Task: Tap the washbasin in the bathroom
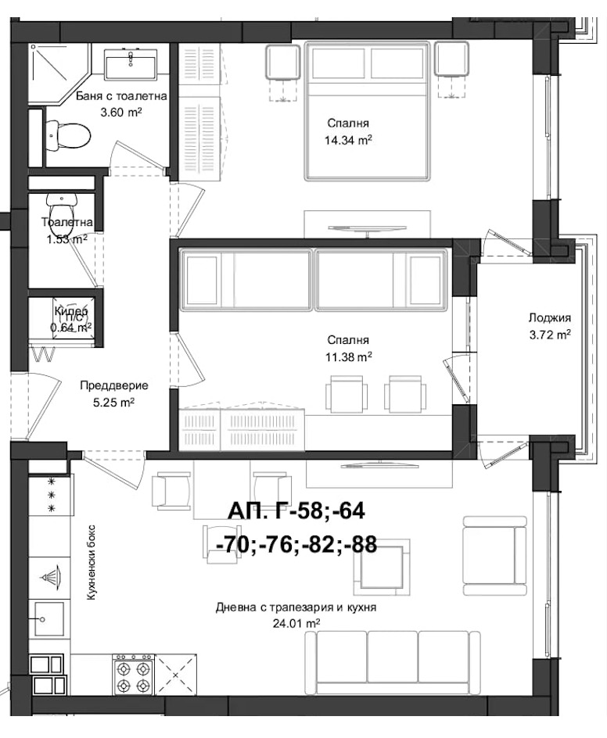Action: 132,63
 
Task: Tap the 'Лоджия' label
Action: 549,318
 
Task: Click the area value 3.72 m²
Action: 549,334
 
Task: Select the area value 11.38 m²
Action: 348,356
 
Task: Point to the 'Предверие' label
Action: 114,385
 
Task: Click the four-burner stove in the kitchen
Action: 132,675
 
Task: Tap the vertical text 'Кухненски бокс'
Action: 92,562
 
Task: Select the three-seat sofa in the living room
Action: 392,661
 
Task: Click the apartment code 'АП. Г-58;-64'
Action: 296,511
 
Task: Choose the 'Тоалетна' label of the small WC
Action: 66,223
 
